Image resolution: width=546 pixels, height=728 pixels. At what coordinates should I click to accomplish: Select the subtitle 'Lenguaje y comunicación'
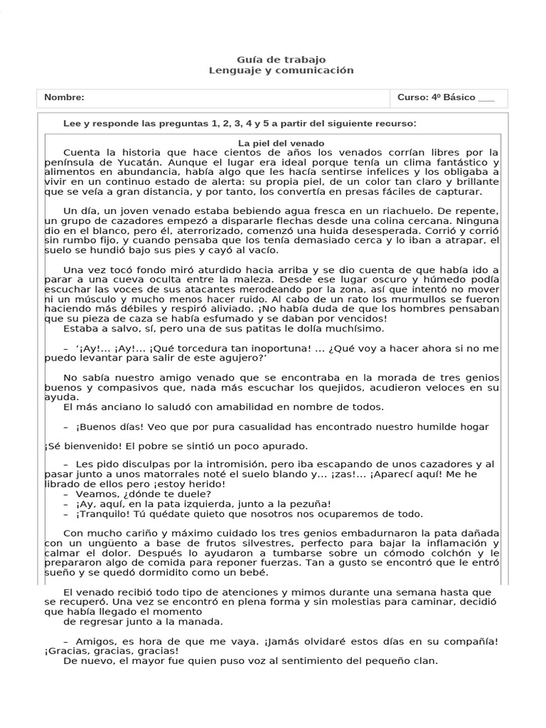tap(281, 70)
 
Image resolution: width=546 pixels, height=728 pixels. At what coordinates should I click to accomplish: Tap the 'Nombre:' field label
tap(64, 97)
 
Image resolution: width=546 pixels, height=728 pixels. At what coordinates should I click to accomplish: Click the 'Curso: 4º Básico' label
tap(436, 97)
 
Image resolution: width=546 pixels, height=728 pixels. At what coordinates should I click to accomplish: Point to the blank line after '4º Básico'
tap(486, 98)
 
